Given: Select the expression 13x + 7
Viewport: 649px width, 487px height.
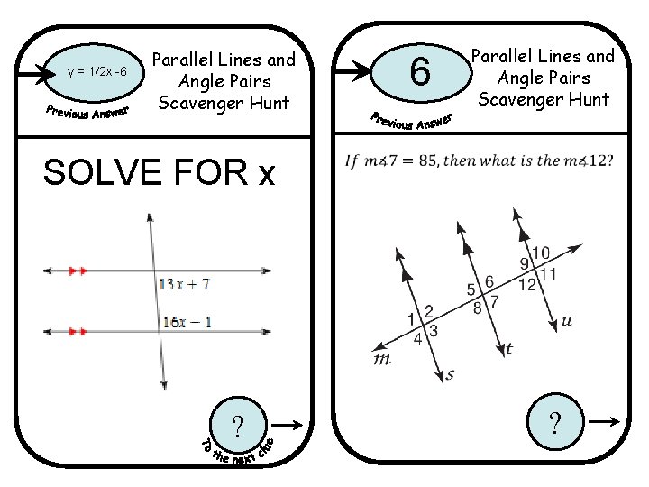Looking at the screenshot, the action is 184,283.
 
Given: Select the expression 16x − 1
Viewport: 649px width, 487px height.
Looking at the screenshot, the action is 187,321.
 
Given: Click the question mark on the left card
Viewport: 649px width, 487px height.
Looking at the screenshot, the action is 237,424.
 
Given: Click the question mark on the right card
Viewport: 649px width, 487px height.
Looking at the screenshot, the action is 555,421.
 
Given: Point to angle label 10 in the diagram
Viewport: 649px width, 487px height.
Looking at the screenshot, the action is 541,253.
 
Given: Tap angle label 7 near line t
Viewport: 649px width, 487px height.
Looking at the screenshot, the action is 495,299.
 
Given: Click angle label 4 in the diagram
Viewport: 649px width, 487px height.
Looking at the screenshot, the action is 417,340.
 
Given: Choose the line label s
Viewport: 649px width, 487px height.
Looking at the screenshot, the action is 448,372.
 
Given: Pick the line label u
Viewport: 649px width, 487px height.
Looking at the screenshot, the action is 566,320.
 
